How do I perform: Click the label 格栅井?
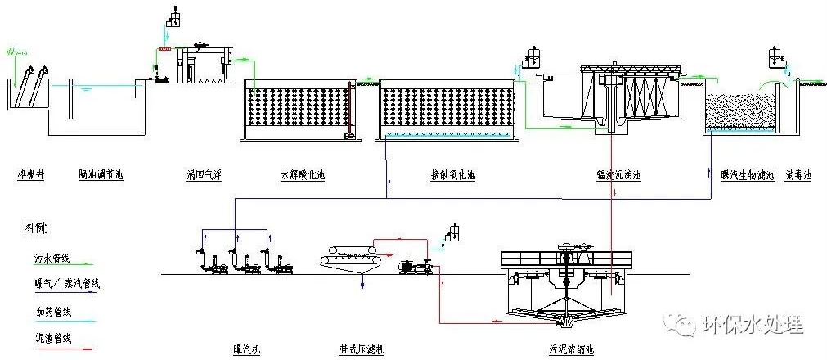(30, 174)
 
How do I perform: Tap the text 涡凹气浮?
(204, 174)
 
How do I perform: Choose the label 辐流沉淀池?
(619, 174)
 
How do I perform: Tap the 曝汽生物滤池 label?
(747, 174)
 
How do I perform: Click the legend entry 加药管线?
(46, 311)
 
